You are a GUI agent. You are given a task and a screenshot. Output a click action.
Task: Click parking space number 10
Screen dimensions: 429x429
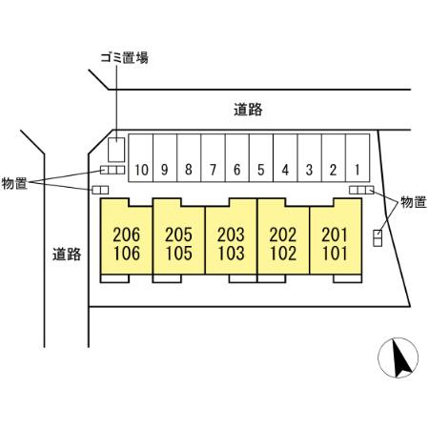tap(141, 158)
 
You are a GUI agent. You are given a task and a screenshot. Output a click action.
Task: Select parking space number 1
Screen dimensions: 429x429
tap(357, 158)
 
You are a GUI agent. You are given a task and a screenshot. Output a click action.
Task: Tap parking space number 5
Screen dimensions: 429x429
tap(261, 158)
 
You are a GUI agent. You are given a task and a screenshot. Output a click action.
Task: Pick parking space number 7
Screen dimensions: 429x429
tap(213, 158)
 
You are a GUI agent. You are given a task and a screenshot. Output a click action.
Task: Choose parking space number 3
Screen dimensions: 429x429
tap(310, 158)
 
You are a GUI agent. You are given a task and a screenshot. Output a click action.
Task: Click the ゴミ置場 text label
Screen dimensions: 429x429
tap(124, 58)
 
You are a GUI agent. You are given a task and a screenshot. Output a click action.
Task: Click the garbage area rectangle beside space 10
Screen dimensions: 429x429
tap(116, 150)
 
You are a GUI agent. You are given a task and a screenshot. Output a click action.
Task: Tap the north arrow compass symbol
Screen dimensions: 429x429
tap(398, 357)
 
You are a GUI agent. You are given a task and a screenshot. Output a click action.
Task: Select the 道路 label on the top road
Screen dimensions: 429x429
tap(248, 110)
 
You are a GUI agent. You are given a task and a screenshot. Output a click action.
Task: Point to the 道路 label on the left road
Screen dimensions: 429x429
tap(67, 255)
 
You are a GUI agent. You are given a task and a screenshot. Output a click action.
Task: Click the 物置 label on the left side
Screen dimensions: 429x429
tap(14, 184)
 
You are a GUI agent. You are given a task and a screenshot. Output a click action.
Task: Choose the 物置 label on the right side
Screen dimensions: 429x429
tap(414, 202)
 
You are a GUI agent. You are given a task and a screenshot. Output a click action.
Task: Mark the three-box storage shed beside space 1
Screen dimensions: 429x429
tap(361, 190)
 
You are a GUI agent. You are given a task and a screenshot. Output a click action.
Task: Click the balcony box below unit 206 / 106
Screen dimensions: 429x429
tap(114, 278)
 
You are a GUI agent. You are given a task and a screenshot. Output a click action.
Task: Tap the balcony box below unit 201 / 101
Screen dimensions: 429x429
tap(348, 278)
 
